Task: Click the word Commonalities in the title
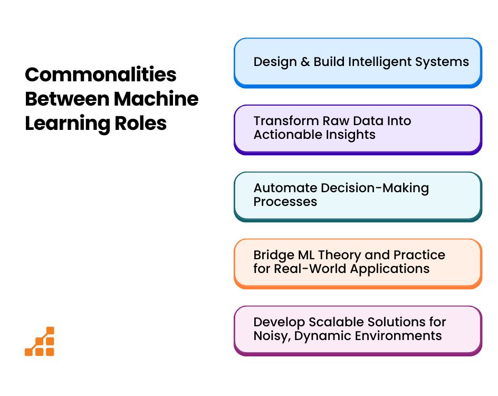click(100, 74)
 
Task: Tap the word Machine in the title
click(156, 99)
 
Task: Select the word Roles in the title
click(140, 123)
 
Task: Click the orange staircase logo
click(40, 341)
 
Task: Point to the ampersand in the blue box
click(305, 62)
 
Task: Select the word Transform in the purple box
click(286, 121)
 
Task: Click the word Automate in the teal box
click(285, 188)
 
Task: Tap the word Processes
click(285, 202)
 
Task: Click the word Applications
click(390, 269)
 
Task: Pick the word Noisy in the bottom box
click(272, 336)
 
